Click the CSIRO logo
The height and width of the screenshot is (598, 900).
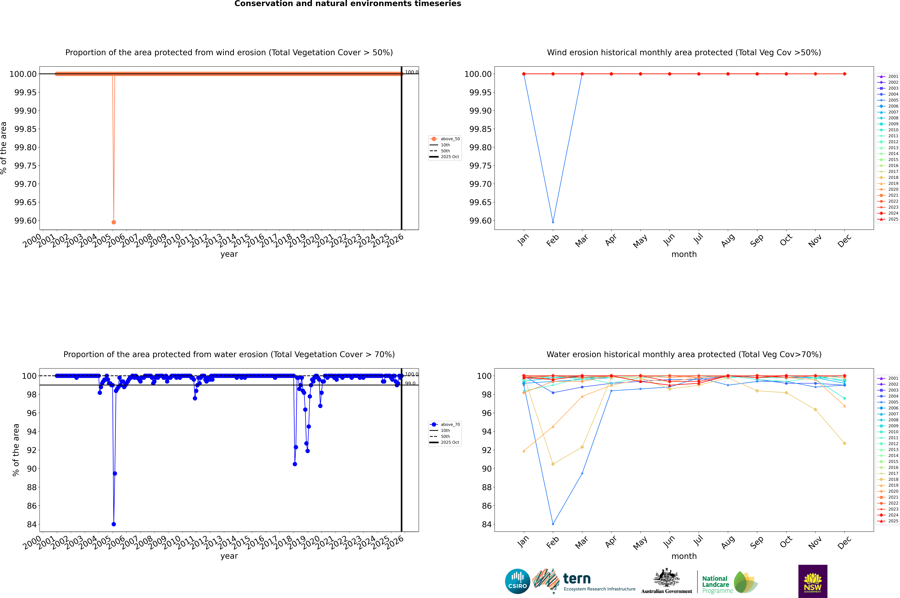coord(517,581)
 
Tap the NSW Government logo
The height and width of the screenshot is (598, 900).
coord(813,581)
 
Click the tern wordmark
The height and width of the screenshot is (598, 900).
coord(577,579)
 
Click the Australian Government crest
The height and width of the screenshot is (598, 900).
coord(667,579)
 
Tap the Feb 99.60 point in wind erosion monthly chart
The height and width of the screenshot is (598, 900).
coord(553,222)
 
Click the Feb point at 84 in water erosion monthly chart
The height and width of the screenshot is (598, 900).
coord(553,524)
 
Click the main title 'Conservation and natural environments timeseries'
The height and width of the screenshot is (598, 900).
coord(348,4)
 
